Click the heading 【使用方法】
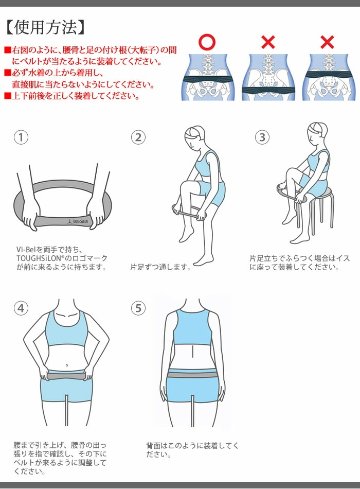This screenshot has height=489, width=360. point(45,27)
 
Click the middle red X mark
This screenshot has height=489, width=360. point(267,42)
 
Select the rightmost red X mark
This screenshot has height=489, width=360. point(327,42)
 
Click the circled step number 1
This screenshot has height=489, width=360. point(21,137)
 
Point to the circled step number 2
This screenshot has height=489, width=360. point(138,137)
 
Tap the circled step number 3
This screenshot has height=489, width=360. point(262,137)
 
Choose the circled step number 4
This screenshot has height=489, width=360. point(21,308)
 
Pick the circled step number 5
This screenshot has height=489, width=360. point(138,308)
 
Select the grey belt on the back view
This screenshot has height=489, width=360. point(192,374)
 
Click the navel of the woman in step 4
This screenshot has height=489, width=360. point(66,364)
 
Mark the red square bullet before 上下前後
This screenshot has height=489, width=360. point(7,96)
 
